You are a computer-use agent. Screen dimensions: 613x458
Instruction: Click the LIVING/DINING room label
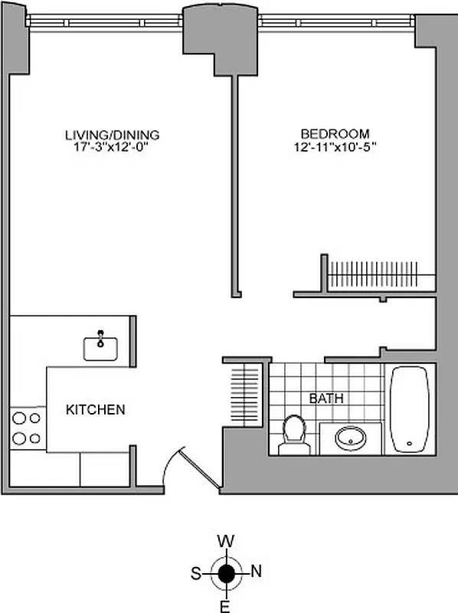(112, 136)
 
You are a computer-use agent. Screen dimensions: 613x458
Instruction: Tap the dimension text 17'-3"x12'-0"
(112, 148)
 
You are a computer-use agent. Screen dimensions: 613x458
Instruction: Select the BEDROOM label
(335, 133)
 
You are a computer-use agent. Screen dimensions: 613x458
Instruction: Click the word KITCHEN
(95, 410)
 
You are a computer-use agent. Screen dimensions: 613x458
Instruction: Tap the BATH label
(326, 398)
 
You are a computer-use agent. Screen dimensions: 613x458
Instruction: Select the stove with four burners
(27, 428)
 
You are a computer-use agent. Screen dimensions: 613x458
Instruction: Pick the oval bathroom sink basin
(351, 439)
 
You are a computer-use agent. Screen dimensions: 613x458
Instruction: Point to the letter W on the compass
(226, 541)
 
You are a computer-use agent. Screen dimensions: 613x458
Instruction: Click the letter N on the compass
(257, 570)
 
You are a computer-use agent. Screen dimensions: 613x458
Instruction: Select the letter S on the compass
(195, 572)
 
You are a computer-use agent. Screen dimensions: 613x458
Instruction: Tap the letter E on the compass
(226, 607)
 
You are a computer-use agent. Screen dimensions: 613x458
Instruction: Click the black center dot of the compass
(226, 572)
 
